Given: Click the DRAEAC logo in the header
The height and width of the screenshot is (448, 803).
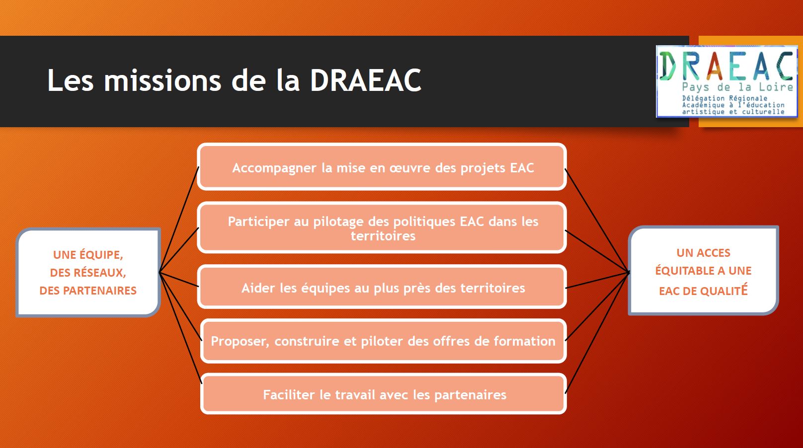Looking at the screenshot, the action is click(x=727, y=81).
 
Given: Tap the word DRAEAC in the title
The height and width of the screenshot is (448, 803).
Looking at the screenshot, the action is click(x=366, y=80).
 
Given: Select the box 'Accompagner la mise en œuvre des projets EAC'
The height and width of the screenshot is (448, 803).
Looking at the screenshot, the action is click(x=382, y=167).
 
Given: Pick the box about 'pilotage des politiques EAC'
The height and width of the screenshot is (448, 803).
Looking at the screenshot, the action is click(x=382, y=227).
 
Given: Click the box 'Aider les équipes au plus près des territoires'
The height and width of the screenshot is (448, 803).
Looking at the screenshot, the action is click(x=382, y=287).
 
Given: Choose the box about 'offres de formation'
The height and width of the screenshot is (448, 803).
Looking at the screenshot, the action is click(x=383, y=341).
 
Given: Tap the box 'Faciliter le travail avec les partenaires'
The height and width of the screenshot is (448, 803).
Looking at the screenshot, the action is click(x=383, y=394).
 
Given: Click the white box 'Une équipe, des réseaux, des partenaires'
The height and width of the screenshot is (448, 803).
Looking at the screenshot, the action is click(x=88, y=272).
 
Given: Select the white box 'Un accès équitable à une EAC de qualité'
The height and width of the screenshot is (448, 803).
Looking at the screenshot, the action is click(x=703, y=271).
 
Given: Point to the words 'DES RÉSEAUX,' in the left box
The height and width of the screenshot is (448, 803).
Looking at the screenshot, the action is click(x=88, y=273).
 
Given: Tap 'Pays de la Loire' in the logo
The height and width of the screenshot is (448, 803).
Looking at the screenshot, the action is click(x=737, y=87).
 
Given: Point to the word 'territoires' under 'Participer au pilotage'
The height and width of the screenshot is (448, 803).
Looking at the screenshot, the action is click(x=383, y=236).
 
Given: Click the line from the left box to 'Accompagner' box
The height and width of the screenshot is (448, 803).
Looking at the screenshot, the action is click(x=179, y=220).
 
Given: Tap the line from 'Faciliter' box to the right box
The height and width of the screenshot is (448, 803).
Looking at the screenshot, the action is click(x=597, y=333).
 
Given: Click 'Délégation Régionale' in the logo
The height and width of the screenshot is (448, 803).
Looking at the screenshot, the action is click(x=724, y=98).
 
